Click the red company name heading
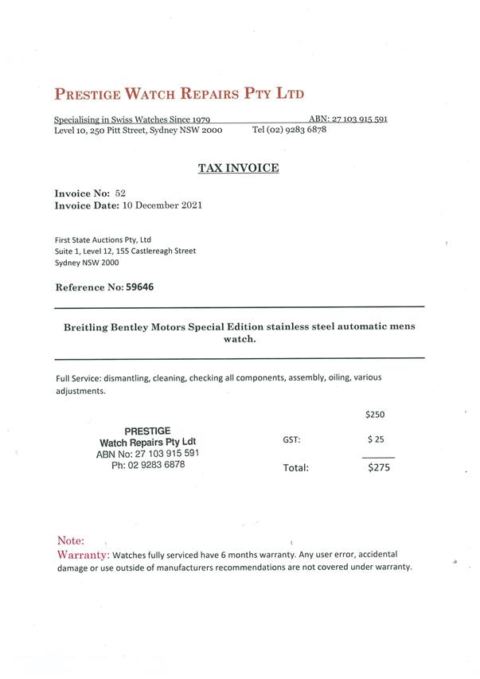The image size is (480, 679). tap(179, 93)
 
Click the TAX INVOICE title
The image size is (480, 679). tap(238, 168)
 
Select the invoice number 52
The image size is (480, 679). tap(120, 193)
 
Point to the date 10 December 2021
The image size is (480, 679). tap(162, 205)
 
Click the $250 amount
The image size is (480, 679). tap(374, 414)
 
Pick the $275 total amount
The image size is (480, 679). tap(378, 468)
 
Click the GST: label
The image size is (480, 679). tap(291, 439)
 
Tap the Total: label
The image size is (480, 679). tap(295, 468)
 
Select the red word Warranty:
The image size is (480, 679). tap(83, 553)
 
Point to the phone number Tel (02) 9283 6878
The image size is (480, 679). tap(289, 130)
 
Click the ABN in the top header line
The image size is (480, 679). tap(348, 119)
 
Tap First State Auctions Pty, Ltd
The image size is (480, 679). tap(103, 239)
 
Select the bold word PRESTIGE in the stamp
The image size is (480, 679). tap(147, 431)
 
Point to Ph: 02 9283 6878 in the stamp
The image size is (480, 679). tap(147, 465)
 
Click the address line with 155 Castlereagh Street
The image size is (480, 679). tap(125, 251)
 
